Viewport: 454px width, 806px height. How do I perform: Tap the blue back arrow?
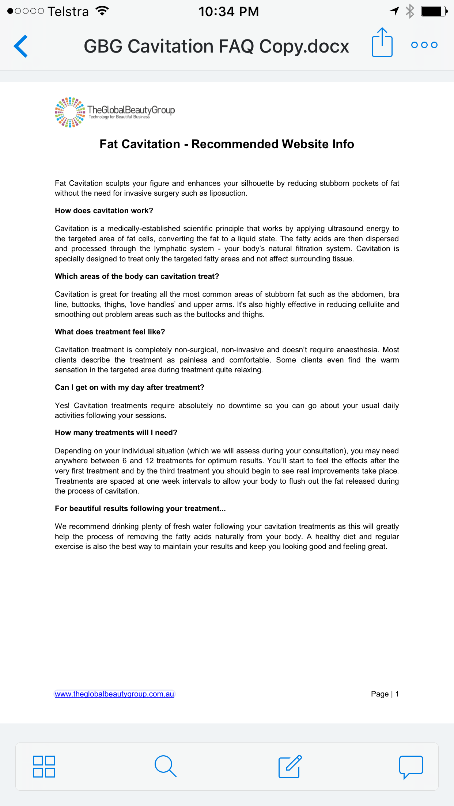pyautogui.click(x=21, y=46)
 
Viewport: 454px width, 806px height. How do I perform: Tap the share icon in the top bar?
pyautogui.click(x=382, y=43)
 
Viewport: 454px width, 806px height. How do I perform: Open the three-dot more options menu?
pyautogui.click(x=424, y=45)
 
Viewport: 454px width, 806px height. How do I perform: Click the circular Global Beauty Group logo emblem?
pyautogui.click(x=70, y=112)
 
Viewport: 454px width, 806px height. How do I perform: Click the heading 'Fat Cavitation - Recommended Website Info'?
pyautogui.click(x=227, y=144)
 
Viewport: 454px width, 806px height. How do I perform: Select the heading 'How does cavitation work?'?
pyautogui.click(x=104, y=211)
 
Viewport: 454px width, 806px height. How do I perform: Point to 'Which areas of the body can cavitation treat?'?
pyautogui.click(x=137, y=276)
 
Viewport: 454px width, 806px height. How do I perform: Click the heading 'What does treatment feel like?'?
pyautogui.click(x=110, y=332)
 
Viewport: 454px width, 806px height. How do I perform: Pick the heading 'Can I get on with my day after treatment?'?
pyautogui.click(x=129, y=387)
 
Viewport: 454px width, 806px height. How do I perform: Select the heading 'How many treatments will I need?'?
pyautogui.click(x=116, y=433)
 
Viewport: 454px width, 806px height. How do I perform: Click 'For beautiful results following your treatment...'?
pyautogui.click(x=140, y=508)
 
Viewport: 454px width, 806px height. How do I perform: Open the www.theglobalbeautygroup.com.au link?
pyautogui.click(x=114, y=694)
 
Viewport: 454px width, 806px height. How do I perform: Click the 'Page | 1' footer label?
pyautogui.click(x=385, y=694)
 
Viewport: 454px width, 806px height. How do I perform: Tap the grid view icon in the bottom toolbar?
pyautogui.click(x=44, y=766)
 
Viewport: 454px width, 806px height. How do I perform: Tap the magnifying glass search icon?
pyautogui.click(x=165, y=766)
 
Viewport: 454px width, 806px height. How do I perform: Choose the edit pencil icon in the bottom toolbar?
pyautogui.click(x=290, y=766)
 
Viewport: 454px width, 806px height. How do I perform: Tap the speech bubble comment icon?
pyautogui.click(x=411, y=766)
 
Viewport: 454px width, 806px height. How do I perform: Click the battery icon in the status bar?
pyautogui.click(x=434, y=11)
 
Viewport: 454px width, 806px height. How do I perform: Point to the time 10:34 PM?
pyautogui.click(x=229, y=12)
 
